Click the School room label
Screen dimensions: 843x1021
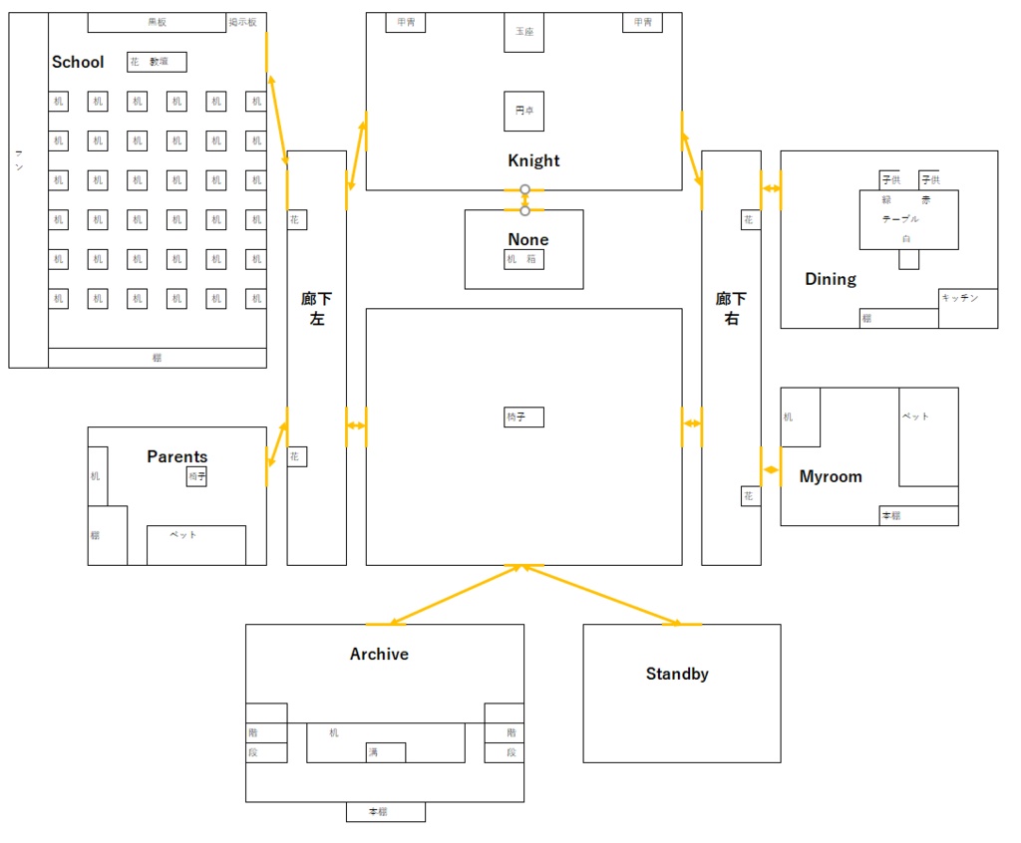point(78,62)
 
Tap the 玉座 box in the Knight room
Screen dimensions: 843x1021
point(524,32)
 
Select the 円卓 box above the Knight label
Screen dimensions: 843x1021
point(524,111)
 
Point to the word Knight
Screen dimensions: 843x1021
point(533,160)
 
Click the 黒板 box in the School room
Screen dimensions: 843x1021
point(157,22)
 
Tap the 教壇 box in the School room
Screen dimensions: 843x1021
point(158,62)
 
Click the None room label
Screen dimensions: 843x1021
point(527,239)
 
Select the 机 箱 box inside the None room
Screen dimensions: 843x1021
point(524,259)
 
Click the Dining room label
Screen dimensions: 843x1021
point(831,279)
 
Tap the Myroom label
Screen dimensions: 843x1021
point(831,476)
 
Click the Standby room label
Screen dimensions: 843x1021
point(677,674)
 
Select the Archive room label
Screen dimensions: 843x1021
point(379,654)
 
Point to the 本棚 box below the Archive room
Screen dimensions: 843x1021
point(385,811)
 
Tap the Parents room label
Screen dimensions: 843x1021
point(177,456)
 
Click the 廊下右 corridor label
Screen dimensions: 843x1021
point(731,309)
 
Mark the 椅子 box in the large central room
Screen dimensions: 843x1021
point(524,417)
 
